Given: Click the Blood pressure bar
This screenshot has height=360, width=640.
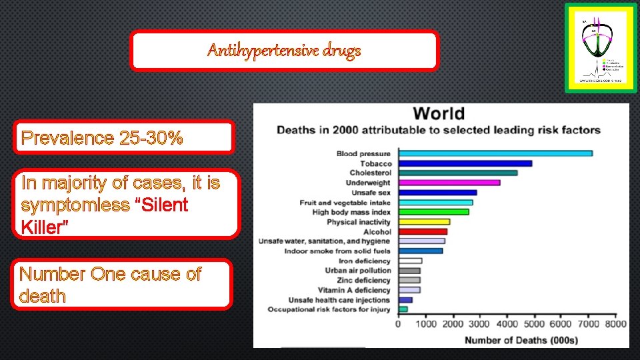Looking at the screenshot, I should point(495,153).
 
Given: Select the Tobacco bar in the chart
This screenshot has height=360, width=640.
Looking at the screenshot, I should point(465,163).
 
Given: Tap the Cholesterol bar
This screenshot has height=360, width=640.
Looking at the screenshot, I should point(457,173).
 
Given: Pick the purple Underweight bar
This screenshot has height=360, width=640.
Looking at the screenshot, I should point(449,183).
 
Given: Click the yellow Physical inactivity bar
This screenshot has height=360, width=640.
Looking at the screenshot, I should point(423,222).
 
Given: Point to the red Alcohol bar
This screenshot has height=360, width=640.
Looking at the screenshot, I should point(422,232).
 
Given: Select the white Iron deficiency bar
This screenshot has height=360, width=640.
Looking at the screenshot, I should point(409,261).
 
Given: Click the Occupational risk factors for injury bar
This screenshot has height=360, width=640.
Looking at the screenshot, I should point(403,309).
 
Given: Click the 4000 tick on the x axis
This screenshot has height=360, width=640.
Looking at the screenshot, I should point(507,324).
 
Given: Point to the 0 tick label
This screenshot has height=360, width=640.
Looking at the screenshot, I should point(398,324).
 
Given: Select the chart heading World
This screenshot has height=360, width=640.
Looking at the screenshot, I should point(439,114).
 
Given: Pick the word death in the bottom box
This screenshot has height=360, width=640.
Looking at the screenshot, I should point(43,295).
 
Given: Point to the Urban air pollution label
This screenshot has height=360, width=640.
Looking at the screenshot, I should point(358,271).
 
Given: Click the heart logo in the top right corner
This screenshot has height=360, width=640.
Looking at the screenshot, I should point(596,48).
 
